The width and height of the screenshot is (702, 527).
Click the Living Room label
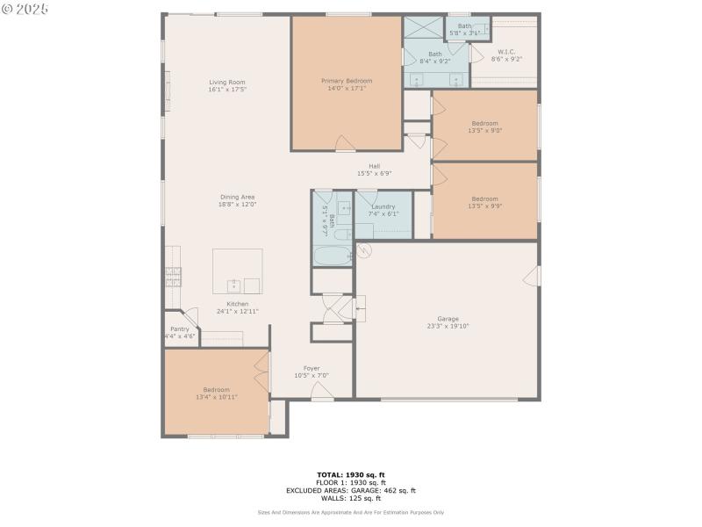pyautogui.click(x=227, y=82)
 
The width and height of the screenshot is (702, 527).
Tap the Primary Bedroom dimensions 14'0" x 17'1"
pyautogui.click(x=347, y=89)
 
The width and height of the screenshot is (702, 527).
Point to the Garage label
pyautogui.click(x=448, y=318)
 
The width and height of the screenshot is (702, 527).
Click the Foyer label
pyautogui.click(x=312, y=368)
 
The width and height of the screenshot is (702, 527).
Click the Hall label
pyautogui.click(x=374, y=166)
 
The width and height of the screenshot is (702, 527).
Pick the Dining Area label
pyautogui.click(x=237, y=197)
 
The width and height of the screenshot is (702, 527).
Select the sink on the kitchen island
pyautogui.click(x=233, y=285)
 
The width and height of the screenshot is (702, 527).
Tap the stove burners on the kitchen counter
pyautogui.click(x=173, y=278)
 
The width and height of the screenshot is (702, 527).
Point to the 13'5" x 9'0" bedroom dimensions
pyautogui.click(x=484, y=131)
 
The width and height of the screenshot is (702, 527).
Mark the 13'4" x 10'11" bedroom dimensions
pyautogui.click(x=216, y=397)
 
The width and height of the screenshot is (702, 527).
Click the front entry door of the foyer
pyautogui.click(x=323, y=397)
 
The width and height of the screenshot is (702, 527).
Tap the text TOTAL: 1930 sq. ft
pyautogui.click(x=350, y=475)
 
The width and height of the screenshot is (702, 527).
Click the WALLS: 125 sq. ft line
pyautogui.click(x=350, y=498)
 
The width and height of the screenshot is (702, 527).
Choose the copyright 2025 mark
pyautogui.click(x=25, y=8)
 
